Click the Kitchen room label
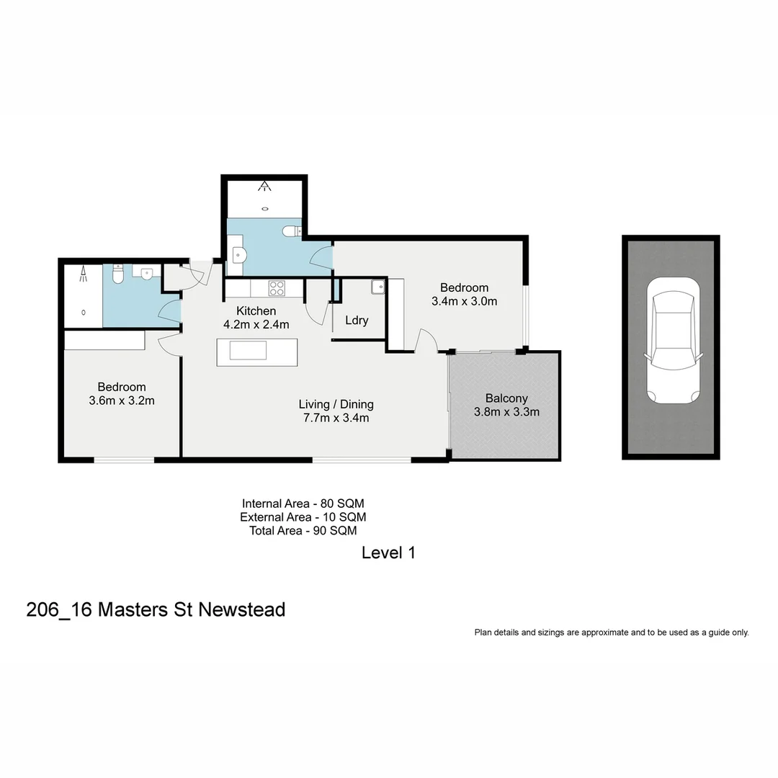click(256, 311)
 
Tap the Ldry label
click(357, 320)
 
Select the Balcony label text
click(506, 398)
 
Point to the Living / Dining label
click(336, 404)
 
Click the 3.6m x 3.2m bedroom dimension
click(122, 401)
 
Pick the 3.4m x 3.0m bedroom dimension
click(464, 302)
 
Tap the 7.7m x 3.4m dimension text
click(336, 418)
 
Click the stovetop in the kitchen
click(277, 288)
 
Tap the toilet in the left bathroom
click(119, 274)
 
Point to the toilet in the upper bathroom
click(291, 231)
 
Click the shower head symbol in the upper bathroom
click(266, 187)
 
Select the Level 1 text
click(388, 553)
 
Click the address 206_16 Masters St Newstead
click(156, 609)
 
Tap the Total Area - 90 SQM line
click(303, 530)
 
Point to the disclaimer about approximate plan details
click(611, 632)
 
